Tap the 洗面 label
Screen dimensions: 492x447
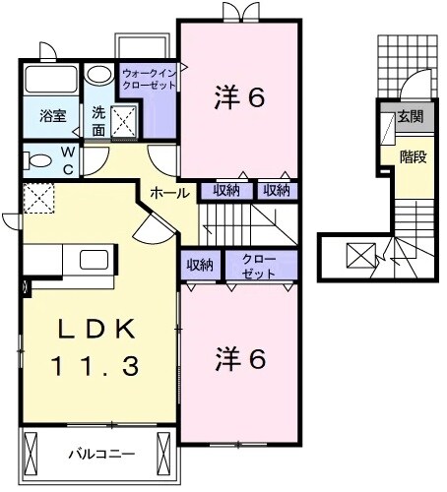99,120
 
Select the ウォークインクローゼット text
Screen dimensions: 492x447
149,79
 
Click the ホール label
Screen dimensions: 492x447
169,194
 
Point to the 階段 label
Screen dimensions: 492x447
413,155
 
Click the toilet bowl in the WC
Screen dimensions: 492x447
38,159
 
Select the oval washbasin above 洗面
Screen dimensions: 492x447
98,76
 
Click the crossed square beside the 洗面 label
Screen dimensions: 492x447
126,121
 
